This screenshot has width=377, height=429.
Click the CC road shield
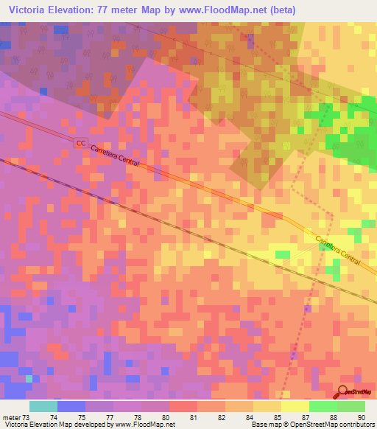click(x=80, y=144)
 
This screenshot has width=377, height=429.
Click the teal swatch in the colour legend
click(x=43, y=406)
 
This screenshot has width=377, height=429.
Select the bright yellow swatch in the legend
click(x=295, y=406)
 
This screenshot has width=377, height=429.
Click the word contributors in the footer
click(x=357, y=425)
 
